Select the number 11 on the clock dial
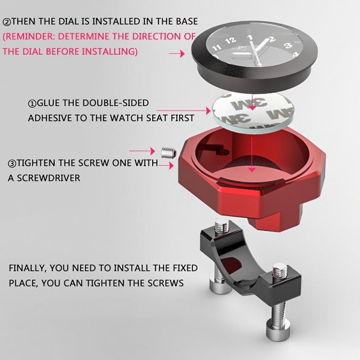[x=217, y=48]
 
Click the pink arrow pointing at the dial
[x=177, y=54]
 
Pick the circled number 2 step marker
[x=7, y=22]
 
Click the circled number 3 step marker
[x=12, y=163]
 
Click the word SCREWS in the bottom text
[x=165, y=283]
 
